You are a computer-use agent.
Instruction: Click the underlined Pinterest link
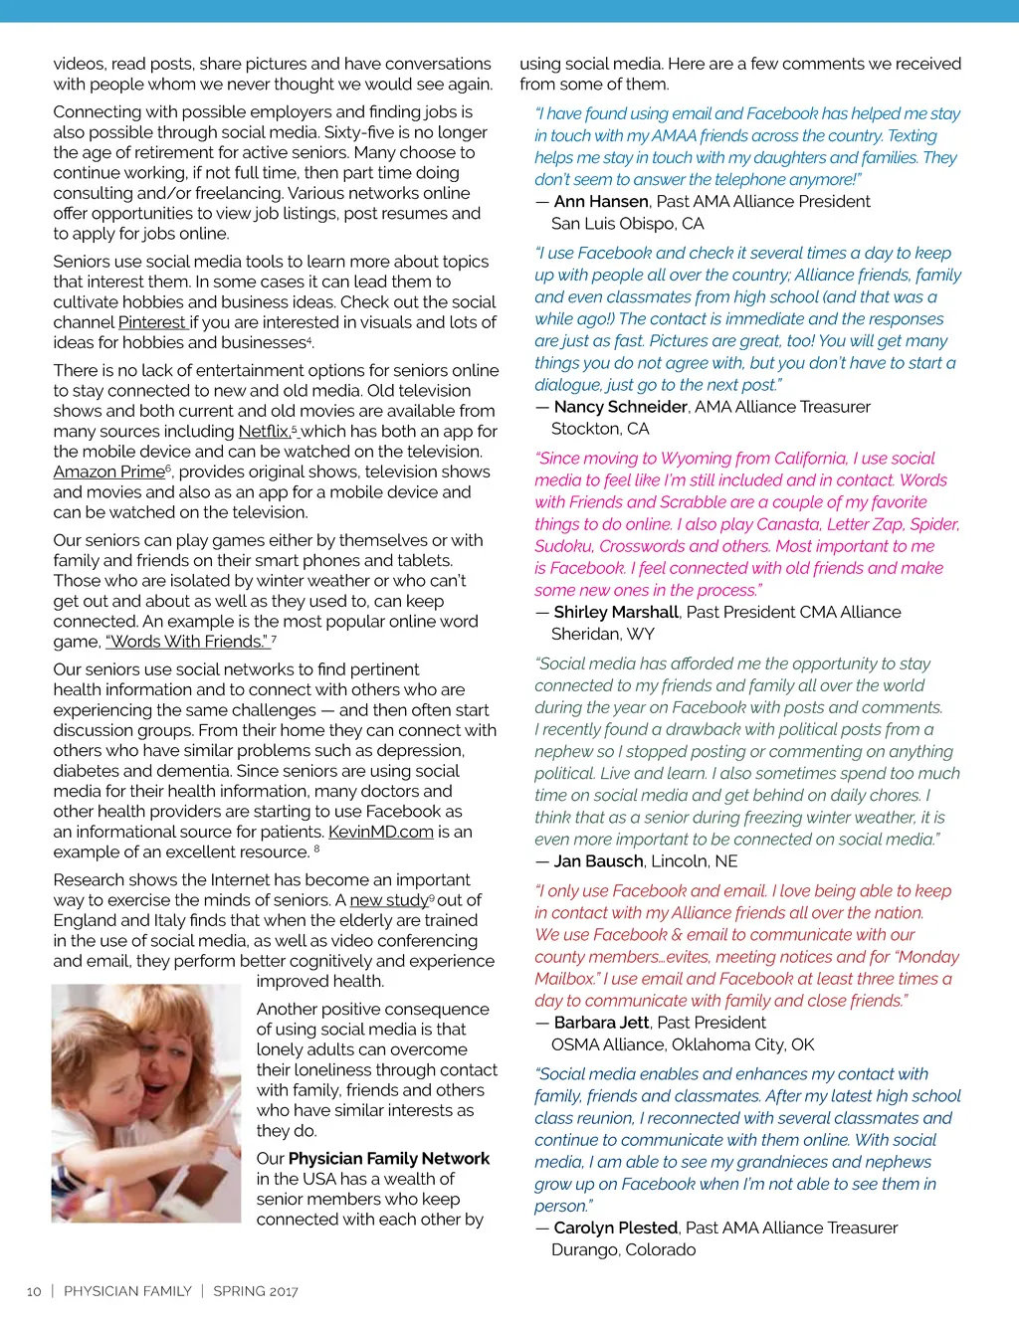coord(152,322)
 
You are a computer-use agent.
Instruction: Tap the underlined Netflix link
coord(265,432)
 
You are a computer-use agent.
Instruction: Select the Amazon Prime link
coord(109,472)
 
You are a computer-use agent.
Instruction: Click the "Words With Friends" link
coord(187,642)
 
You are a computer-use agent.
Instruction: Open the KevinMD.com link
coord(381,832)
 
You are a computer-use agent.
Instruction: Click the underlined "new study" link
coord(389,900)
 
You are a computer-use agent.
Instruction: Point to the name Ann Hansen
coord(601,202)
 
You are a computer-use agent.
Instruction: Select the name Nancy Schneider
coord(620,407)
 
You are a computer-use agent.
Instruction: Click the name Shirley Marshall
coord(616,613)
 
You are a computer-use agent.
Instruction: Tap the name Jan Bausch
coord(597,861)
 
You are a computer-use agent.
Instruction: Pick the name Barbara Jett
coord(601,1023)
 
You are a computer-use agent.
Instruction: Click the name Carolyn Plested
coord(616,1228)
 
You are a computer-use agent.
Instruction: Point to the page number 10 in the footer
coord(34,1291)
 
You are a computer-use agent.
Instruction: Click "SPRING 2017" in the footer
coord(256,1291)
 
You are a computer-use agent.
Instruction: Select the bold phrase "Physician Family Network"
coord(389,1159)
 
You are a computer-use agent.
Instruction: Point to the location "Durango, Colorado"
coord(624,1250)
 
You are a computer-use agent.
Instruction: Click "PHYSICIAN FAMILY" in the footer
coord(127,1291)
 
